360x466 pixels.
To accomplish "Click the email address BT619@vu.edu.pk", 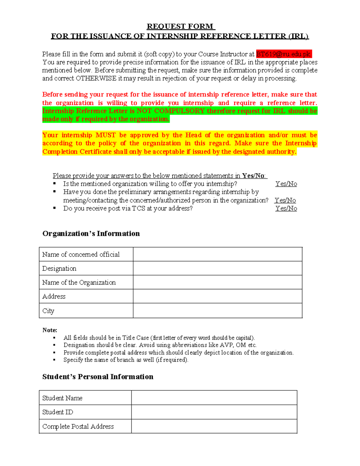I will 283,54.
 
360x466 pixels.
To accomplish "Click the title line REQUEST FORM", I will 180,26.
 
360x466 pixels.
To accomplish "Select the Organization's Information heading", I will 91,233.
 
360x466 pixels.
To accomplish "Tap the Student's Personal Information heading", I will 97,377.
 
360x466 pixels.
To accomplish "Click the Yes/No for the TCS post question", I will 286,208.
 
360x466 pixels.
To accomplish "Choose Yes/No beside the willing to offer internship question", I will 286,184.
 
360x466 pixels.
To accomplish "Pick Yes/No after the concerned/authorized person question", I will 285,200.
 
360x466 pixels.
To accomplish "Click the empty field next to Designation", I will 217,268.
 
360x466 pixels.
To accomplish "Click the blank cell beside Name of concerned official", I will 217,254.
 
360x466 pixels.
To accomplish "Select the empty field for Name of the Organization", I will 217,282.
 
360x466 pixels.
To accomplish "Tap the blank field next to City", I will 217,311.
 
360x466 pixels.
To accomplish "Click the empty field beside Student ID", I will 214,412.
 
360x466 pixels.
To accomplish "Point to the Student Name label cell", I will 62,398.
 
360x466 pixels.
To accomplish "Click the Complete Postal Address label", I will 78,426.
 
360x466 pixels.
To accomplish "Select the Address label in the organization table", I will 54,296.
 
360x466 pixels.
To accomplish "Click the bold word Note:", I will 50,330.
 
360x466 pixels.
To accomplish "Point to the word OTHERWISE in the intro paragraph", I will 96,79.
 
